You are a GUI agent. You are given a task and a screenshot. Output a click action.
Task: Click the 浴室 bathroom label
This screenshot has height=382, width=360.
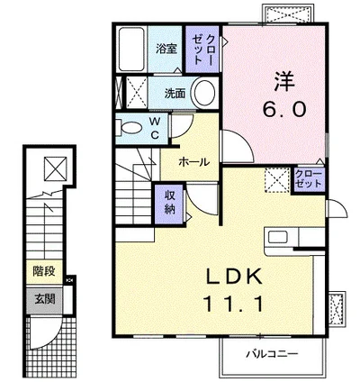pyautogui.click(x=166, y=49)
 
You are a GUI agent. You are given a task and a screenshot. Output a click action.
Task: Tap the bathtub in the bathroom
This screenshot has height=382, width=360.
pyautogui.click(x=131, y=49)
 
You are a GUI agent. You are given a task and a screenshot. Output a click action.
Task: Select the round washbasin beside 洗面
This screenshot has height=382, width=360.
pyautogui.click(x=204, y=93)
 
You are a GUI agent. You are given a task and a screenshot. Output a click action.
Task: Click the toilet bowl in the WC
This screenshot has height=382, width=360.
pyautogui.click(x=130, y=128)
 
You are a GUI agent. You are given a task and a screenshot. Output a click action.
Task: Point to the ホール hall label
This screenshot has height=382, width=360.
pyautogui.click(x=193, y=162)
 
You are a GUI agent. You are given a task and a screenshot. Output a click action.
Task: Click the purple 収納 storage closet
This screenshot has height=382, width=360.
pyautogui.click(x=169, y=204)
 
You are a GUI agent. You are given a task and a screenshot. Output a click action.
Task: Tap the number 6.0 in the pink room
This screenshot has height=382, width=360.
pyautogui.click(x=284, y=108)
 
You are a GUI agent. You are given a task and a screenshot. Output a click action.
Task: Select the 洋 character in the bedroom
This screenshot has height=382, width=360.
pyautogui.click(x=284, y=81)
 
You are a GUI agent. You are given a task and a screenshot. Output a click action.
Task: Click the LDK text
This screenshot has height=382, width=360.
pyautogui.click(x=233, y=277)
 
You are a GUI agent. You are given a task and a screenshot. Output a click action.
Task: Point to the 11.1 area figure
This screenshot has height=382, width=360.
pyautogui.click(x=233, y=304)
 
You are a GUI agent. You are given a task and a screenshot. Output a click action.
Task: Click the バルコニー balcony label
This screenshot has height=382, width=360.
pyautogui.click(x=272, y=354)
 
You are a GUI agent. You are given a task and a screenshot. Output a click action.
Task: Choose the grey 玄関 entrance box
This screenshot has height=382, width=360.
pyautogui.click(x=45, y=299)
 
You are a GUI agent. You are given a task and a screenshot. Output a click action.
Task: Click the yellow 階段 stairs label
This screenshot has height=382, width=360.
pyautogui.click(x=44, y=271)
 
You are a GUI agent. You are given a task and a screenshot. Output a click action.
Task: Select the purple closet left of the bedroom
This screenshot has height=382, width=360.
pyautogui.click(x=202, y=50)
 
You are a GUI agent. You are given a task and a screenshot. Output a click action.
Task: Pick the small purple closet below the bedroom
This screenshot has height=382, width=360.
pyautogui.click(x=309, y=179)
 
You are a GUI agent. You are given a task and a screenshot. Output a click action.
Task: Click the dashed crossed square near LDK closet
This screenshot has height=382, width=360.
pyautogui.click(x=277, y=179)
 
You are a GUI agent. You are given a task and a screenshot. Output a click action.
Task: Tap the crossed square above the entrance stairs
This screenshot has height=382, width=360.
pyautogui.click(x=55, y=168)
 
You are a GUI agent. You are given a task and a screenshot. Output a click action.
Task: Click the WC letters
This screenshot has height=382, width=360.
pyautogui.click(x=154, y=128)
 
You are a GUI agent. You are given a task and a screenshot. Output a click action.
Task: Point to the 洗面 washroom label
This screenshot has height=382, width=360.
pyautogui.click(x=175, y=93)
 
